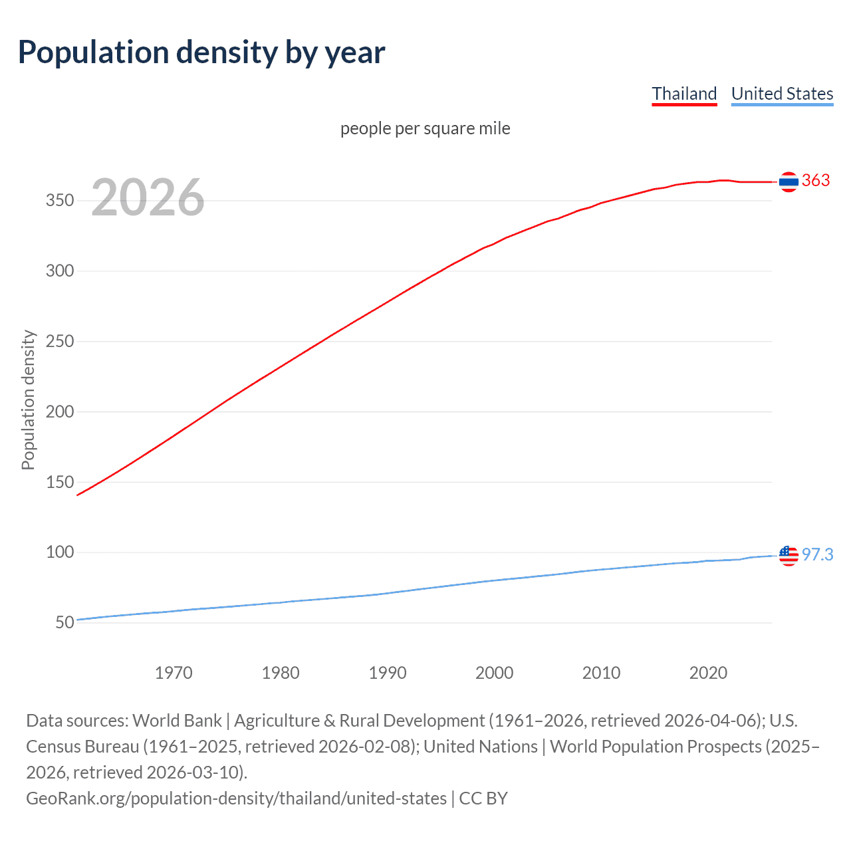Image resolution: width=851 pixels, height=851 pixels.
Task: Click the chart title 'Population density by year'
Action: coord(201,53)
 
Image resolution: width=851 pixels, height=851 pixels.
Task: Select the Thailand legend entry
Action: coord(684,94)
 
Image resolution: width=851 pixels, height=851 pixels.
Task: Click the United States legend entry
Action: coord(782,94)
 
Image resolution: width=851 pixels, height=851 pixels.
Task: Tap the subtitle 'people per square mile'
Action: coord(425,128)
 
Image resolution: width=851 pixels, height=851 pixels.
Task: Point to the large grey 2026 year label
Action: coord(148,197)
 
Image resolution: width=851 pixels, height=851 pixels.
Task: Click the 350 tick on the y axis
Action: coord(60,201)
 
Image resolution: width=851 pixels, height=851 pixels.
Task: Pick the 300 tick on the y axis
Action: coord(60,271)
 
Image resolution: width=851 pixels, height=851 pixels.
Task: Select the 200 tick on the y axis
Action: coord(60,412)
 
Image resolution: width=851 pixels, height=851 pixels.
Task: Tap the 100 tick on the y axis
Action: coord(60,552)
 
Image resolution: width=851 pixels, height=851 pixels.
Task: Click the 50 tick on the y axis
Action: coord(64,623)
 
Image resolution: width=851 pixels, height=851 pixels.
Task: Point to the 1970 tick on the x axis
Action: coord(174,673)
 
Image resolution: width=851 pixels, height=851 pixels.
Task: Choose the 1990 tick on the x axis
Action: coord(388,673)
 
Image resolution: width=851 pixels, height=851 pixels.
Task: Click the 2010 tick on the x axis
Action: coord(601,673)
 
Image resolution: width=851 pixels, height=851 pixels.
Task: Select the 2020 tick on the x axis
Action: coord(708,673)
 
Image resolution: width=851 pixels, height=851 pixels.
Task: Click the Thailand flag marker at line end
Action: coord(789,182)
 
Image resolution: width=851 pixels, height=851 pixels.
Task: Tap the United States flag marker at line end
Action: coord(789,555)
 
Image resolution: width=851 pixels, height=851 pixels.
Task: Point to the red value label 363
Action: coord(816,181)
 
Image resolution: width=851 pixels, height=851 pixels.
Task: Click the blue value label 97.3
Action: coord(817,554)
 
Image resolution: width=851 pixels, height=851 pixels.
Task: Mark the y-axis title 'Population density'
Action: coord(28,400)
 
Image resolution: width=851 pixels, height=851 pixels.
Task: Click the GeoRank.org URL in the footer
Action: coord(236,798)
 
